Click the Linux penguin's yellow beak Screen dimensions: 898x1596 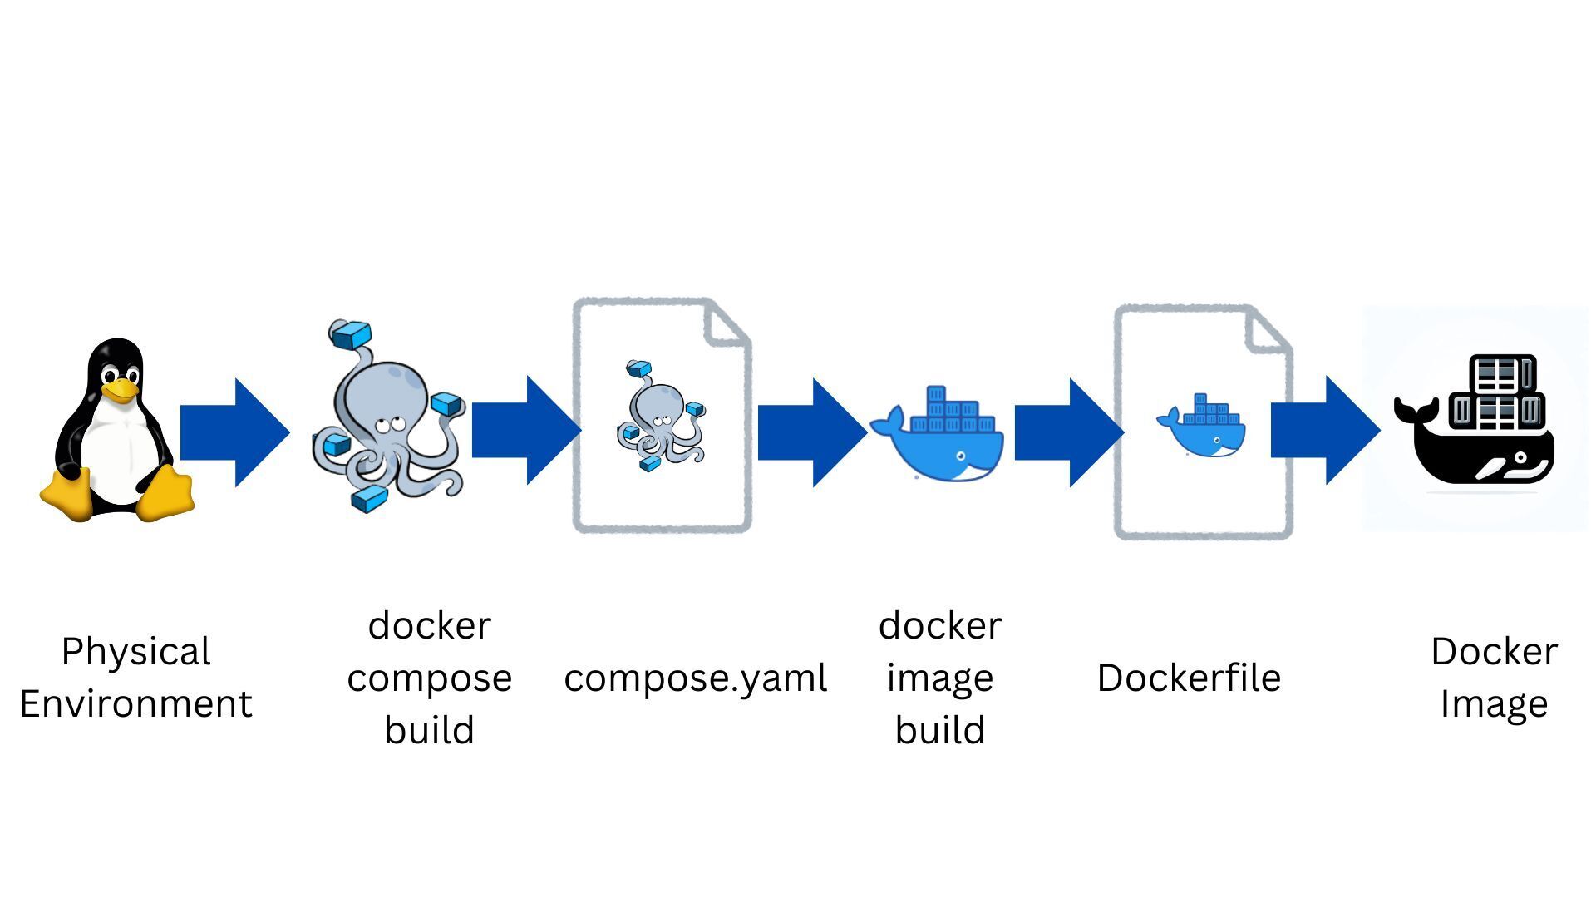click(121, 389)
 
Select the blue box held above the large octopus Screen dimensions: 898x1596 click(350, 335)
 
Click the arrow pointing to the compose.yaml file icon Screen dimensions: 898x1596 click(525, 431)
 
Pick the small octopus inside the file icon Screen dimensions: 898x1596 click(661, 414)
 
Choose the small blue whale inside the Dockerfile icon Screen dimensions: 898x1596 click(1203, 425)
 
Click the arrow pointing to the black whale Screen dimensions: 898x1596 click(1324, 431)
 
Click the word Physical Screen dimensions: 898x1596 click(135, 652)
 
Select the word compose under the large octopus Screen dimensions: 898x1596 click(429, 678)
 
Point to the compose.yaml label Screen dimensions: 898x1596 click(695, 678)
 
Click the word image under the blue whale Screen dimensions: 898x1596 click(939, 678)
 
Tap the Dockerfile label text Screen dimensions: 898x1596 click(1189, 678)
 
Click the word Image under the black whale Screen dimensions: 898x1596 click(1494, 704)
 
